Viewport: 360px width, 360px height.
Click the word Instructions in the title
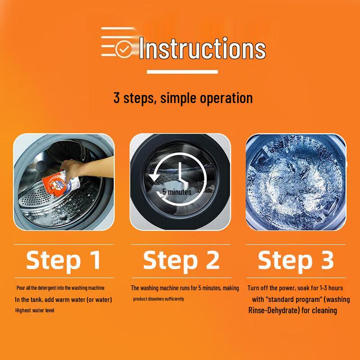click(202, 48)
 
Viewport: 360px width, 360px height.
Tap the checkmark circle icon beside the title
click(124, 49)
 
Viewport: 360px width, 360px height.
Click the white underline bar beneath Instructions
click(182, 72)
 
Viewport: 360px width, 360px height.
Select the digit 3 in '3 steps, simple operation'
click(117, 98)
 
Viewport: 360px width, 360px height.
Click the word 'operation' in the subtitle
click(226, 99)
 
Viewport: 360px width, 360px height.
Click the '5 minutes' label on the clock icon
click(177, 192)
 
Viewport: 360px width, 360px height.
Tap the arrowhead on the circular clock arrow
click(154, 177)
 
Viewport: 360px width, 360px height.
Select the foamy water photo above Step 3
click(296, 182)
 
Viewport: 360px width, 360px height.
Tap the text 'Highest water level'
click(35, 310)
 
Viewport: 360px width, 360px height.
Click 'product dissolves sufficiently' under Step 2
click(159, 299)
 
